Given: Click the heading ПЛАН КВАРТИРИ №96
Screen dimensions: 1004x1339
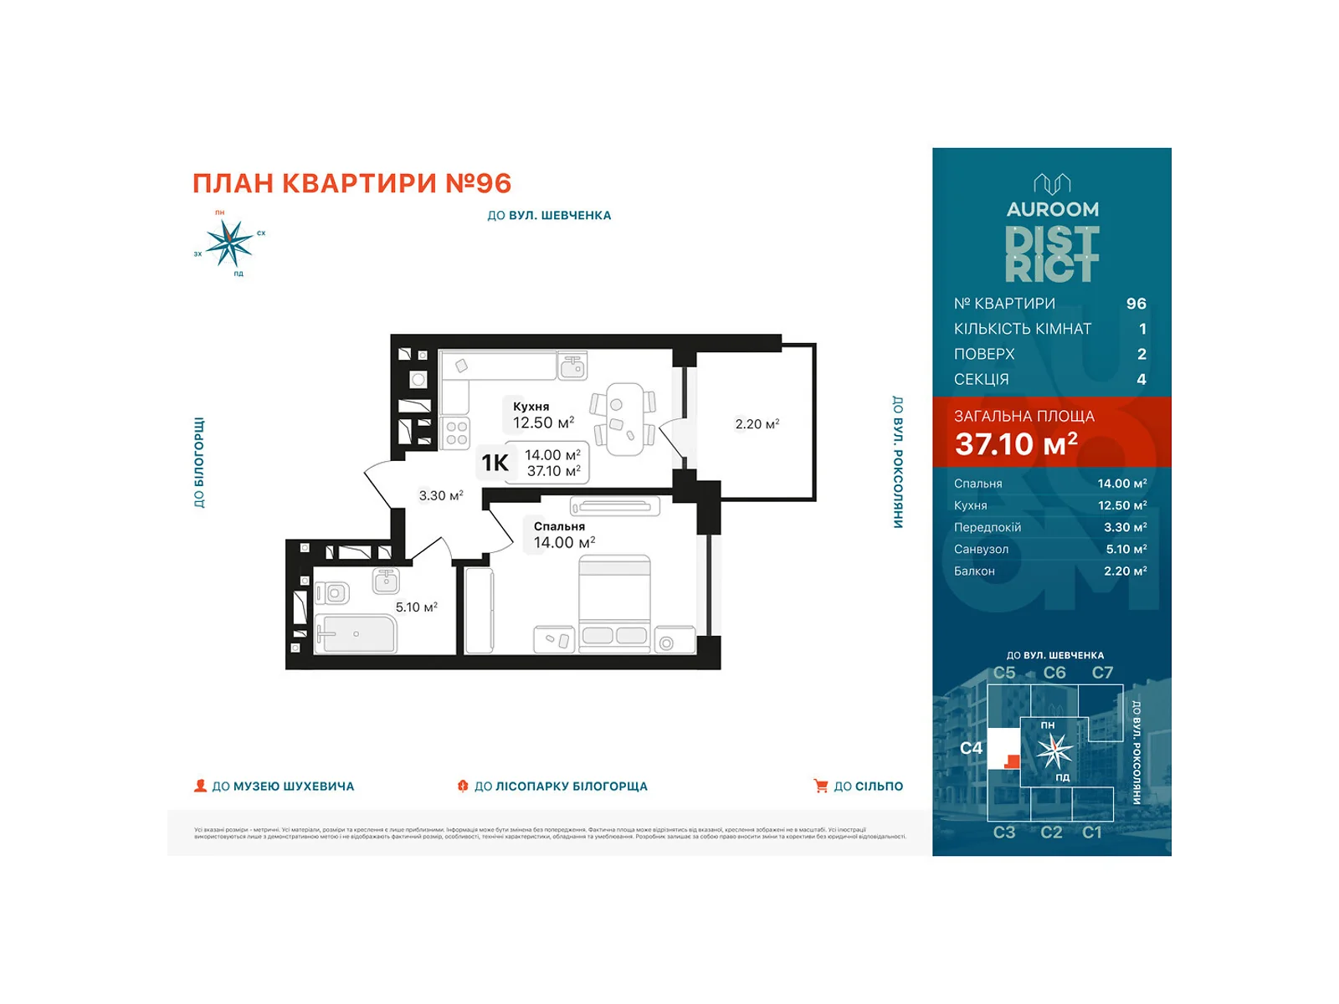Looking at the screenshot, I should point(351,183).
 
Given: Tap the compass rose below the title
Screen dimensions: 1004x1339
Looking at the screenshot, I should point(228,243).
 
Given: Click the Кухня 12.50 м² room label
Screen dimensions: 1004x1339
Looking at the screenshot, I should point(543,415).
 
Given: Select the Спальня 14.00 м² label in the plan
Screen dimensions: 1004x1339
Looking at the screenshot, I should point(563,535).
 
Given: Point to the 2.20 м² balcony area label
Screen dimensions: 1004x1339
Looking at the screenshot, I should point(757,424).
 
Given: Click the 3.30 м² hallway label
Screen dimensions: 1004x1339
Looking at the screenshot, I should point(440,496).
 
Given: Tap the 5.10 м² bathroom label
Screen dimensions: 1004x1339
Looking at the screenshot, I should point(416,607).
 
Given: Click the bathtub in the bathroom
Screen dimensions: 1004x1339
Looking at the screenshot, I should point(355,634).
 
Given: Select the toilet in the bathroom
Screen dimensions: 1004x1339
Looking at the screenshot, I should point(333,593).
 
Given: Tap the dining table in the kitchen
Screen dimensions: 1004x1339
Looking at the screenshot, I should point(624,419).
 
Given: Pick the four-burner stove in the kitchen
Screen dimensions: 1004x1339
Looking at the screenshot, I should point(456,433).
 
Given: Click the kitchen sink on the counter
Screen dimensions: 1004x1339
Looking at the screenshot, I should point(572,366).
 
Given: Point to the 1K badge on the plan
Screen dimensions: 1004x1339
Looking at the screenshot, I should point(495,463).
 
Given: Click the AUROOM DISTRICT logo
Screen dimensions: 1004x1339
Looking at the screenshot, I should point(1052,229).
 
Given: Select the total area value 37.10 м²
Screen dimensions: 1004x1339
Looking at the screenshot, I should point(1016,444).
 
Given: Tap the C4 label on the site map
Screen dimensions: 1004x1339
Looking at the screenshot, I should point(971,748).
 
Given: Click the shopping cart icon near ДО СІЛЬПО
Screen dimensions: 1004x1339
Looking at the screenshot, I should point(820,786).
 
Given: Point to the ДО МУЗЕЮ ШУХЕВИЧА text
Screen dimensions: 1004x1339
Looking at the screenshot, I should point(283,786).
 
